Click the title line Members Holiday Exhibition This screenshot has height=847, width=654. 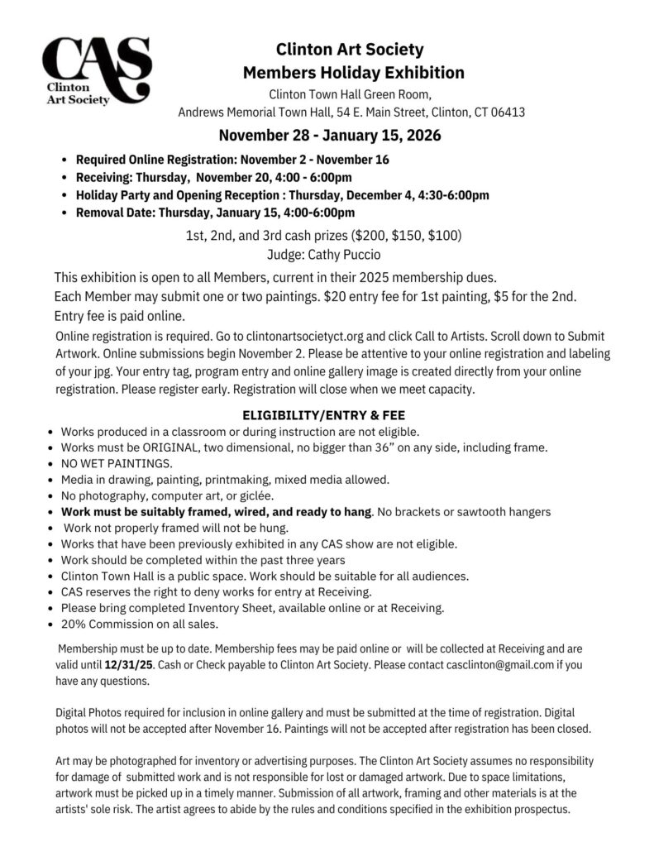click(x=353, y=72)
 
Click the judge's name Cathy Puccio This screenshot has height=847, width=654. click(x=347, y=255)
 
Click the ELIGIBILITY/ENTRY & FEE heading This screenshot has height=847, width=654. click(x=322, y=414)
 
